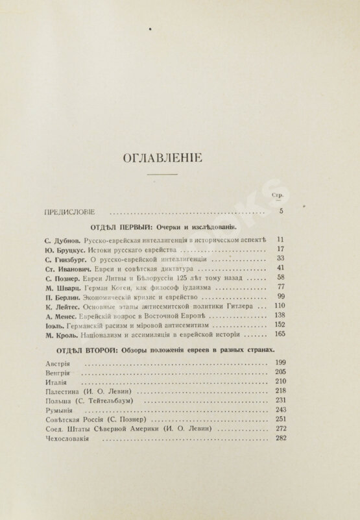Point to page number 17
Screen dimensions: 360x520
pos(281,249)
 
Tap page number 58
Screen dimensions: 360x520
pos(281,277)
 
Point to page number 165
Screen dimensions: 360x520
pos(280,334)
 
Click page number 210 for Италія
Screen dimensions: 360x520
pos(280,382)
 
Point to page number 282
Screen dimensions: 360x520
pos(280,438)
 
